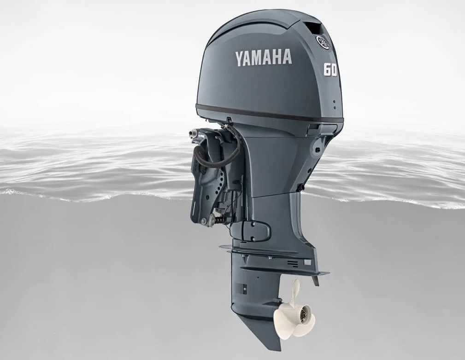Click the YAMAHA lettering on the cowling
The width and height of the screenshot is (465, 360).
[264, 58]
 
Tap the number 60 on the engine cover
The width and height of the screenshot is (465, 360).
[330, 70]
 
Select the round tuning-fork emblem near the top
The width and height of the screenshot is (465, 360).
[322, 41]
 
